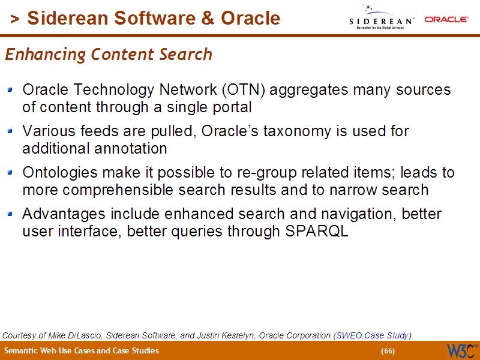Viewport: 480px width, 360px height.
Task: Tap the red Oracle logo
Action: (446, 19)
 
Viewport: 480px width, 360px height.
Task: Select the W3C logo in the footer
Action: (461, 350)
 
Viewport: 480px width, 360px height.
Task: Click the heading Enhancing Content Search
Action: (109, 55)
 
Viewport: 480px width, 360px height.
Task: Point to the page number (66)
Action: (388, 351)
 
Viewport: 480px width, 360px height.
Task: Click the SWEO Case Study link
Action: (373, 335)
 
